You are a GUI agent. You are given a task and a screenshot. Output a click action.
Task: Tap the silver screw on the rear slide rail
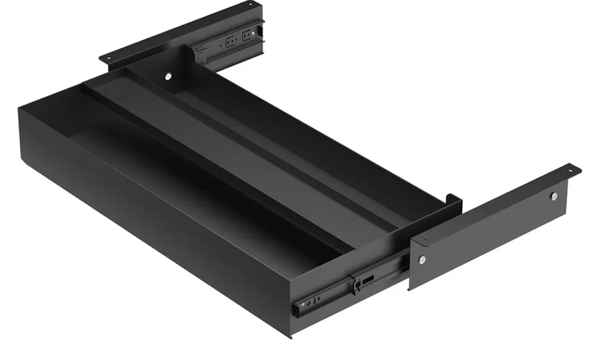[x=253, y=34]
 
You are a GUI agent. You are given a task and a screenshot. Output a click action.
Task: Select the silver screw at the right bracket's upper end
[x=554, y=196]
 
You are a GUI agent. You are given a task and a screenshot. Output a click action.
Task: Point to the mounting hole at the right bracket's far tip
[x=571, y=167]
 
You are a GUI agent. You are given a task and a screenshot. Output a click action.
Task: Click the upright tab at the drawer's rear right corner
[x=453, y=198]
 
